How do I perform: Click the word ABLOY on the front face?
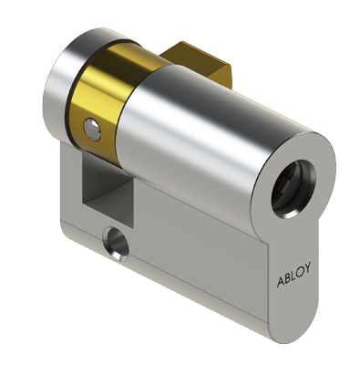tap(293, 276)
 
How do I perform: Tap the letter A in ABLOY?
tap(280, 283)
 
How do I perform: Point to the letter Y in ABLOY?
tap(307, 268)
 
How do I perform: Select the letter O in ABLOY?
tap(300, 272)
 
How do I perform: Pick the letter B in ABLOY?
tap(287, 278)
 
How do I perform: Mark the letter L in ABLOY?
tap(293, 276)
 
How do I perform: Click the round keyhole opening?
tap(293, 188)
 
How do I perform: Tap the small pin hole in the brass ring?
tap(92, 129)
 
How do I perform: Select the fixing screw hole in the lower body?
tap(116, 244)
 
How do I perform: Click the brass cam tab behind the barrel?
tap(198, 66)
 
